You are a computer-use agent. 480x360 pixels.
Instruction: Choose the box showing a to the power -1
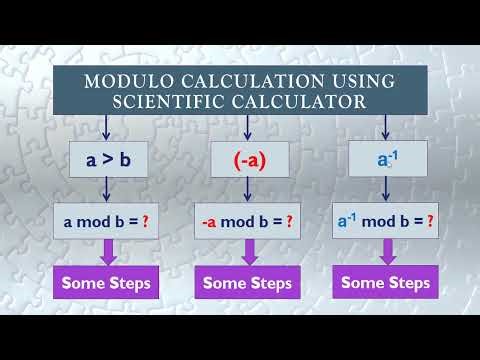[x=386, y=158]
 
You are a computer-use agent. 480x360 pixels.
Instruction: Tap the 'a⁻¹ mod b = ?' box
[x=386, y=222]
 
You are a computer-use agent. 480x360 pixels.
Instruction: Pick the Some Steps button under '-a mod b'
[x=247, y=283]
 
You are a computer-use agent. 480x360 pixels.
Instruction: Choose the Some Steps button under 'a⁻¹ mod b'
[x=386, y=283]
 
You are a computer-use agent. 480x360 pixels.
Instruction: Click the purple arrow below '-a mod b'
[x=247, y=251]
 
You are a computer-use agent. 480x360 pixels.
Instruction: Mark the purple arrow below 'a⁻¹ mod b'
[x=387, y=251]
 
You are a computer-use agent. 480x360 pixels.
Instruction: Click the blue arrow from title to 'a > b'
[x=106, y=127]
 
